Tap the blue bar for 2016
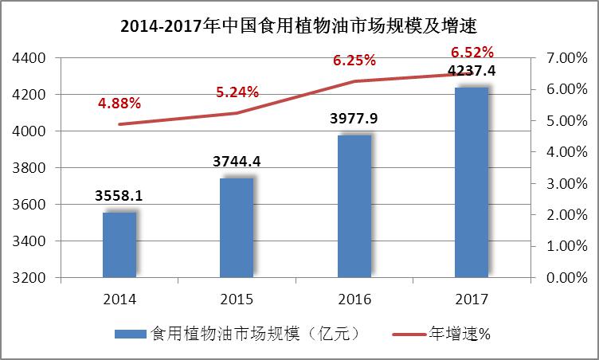click(x=354, y=206)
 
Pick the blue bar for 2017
click(x=471, y=182)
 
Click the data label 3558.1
click(x=119, y=195)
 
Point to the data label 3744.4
click(x=237, y=162)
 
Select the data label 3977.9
click(x=354, y=119)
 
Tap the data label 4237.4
click(x=472, y=72)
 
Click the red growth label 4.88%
click(x=119, y=103)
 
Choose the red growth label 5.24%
click(x=237, y=92)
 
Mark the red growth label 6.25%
click(x=354, y=61)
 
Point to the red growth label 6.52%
click(x=472, y=53)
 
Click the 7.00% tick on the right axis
click(x=566, y=58)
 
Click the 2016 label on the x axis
click(x=354, y=299)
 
